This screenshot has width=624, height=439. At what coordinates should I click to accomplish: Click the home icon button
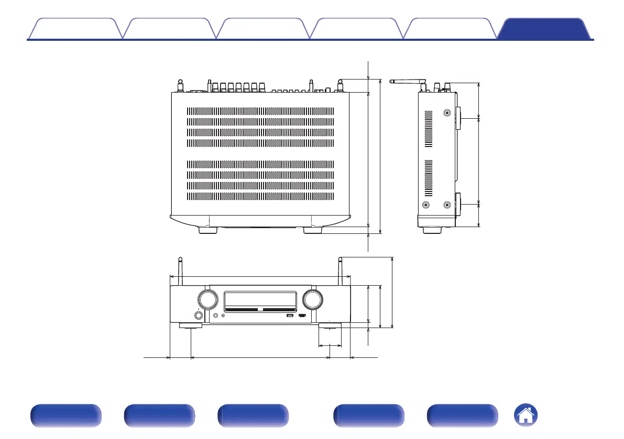coord(527,416)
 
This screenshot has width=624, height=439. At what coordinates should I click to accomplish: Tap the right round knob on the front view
coord(312,300)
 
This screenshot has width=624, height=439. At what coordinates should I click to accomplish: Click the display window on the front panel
coord(260,300)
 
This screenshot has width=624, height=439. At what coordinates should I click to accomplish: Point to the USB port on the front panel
coord(290,316)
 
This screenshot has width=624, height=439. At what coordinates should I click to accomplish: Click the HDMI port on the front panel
coord(302,316)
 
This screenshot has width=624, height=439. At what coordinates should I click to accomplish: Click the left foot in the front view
coord(191,326)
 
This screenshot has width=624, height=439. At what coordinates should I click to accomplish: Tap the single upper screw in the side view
coord(447,113)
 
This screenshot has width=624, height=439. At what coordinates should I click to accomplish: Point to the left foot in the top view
coord(208,230)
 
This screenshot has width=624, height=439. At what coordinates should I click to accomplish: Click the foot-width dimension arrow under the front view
coord(331,345)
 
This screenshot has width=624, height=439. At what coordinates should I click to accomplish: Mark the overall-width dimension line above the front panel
coord(260,276)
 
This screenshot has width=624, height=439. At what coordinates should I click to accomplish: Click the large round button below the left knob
coord(199,315)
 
